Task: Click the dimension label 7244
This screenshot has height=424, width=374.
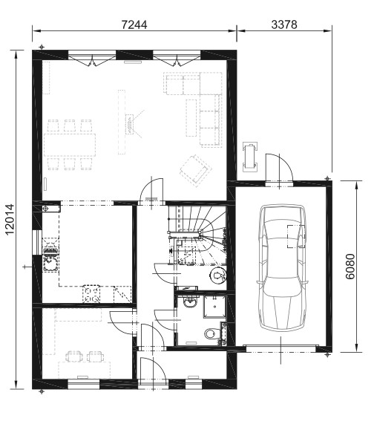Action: coord(134,25)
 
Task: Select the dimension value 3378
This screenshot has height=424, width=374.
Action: coord(284,25)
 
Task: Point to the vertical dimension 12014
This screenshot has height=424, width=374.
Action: coord(10,220)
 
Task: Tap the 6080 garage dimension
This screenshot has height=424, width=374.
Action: coord(350,267)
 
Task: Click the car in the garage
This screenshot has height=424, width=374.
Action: coord(282,268)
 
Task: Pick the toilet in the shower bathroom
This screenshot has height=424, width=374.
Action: coord(211,333)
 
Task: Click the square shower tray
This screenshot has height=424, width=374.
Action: coord(215,307)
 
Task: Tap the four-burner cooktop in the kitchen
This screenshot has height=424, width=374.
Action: coord(91,294)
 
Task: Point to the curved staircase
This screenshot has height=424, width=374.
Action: coord(197,235)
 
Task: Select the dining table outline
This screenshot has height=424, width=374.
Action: coord(70,145)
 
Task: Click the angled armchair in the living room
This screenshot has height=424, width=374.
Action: coord(196,170)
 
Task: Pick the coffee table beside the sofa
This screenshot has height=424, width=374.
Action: coord(191,118)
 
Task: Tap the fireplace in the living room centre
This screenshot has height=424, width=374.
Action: coord(130,124)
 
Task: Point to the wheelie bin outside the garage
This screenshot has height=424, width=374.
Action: coord(250,157)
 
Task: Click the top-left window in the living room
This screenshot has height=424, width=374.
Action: coord(92,57)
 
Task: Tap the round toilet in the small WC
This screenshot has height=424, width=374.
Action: coord(218,275)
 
